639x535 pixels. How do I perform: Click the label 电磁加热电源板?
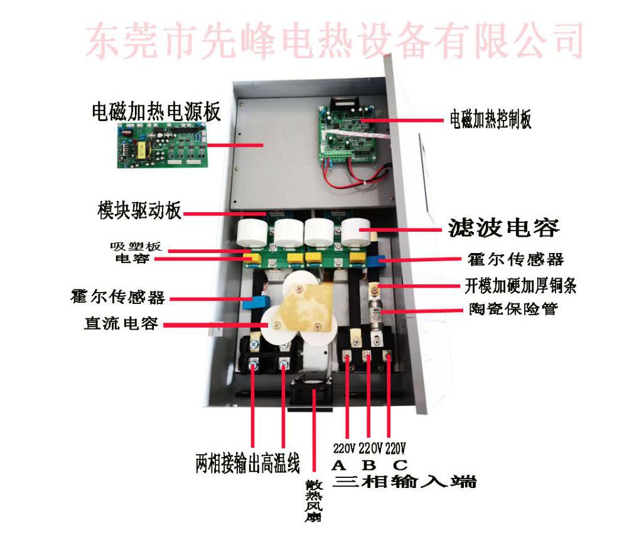(x=156, y=112)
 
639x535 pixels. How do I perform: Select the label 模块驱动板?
(x=139, y=210)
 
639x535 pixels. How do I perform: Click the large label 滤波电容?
(x=503, y=227)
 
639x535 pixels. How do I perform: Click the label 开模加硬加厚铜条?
(x=520, y=286)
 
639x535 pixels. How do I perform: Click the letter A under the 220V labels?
(x=339, y=465)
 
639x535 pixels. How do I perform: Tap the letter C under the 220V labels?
(x=400, y=465)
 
